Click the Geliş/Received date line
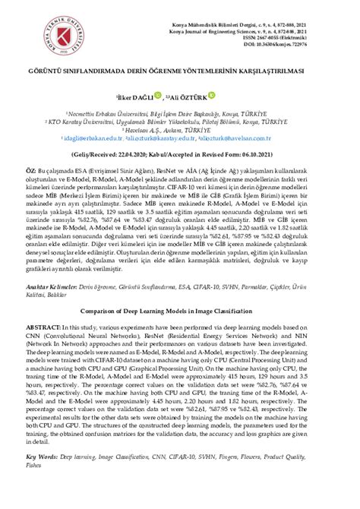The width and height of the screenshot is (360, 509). click(180, 153)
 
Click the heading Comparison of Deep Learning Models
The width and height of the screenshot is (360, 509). click(180, 331)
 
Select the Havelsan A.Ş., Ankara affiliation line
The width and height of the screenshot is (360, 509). click(180, 129)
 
